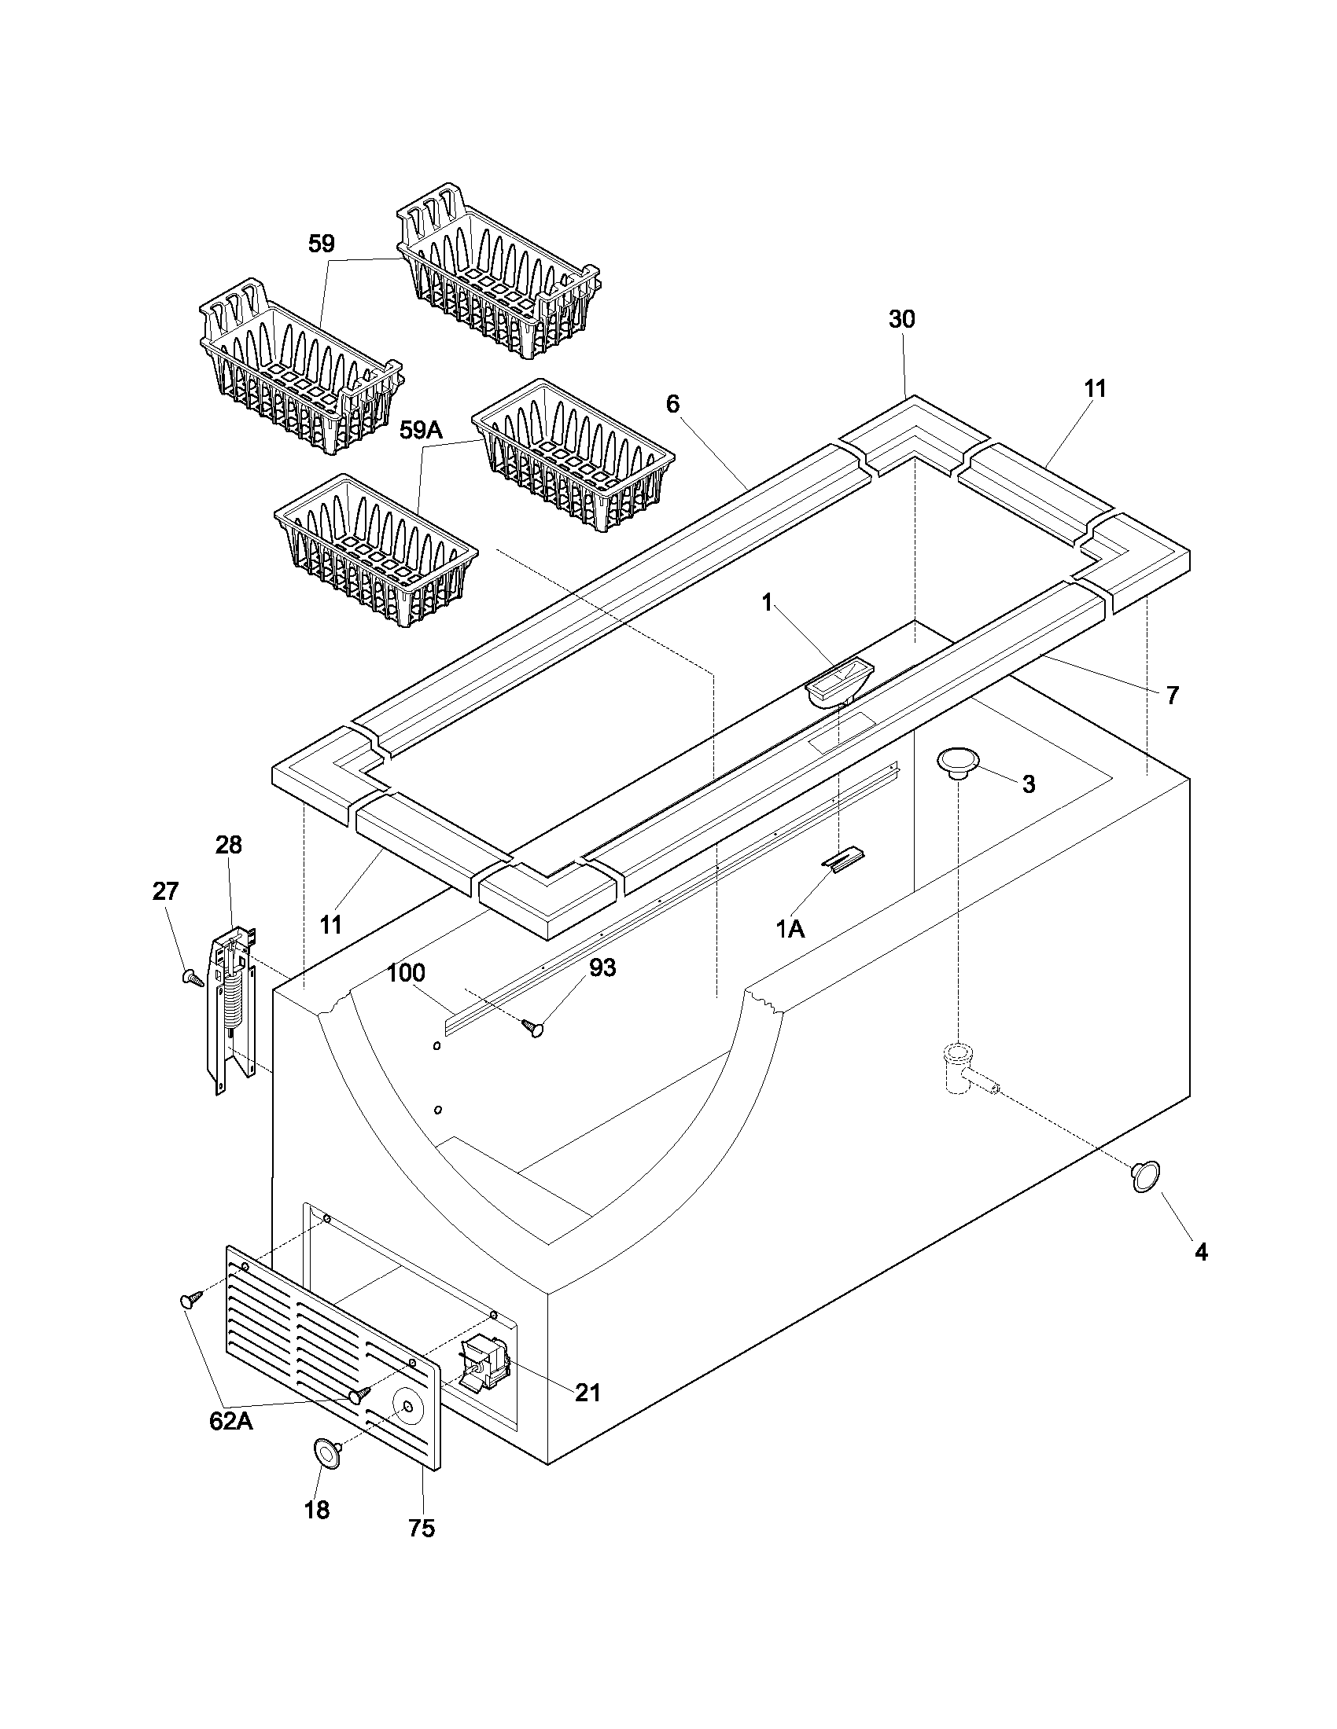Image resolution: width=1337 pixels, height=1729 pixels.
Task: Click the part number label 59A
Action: pos(422,430)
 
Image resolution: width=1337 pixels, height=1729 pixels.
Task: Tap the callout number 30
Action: pos(901,319)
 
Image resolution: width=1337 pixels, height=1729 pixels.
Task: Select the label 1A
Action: pos(790,929)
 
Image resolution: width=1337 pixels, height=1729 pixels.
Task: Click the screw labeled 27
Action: pos(193,978)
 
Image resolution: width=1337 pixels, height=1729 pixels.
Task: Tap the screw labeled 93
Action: pos(534,1028)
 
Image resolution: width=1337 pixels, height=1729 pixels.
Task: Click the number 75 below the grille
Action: pos(422,1550)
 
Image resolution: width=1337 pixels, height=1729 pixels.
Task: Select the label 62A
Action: pos(230,1421)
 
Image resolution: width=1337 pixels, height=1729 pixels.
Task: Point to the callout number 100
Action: pos(406,972)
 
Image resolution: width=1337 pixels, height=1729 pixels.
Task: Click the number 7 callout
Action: pos(1173,695)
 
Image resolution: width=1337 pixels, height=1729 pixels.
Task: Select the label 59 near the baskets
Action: pos(322,243)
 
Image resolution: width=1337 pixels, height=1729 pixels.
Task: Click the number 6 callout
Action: pos(672,404)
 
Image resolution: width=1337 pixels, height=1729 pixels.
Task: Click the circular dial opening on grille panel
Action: pos(407,1406)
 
